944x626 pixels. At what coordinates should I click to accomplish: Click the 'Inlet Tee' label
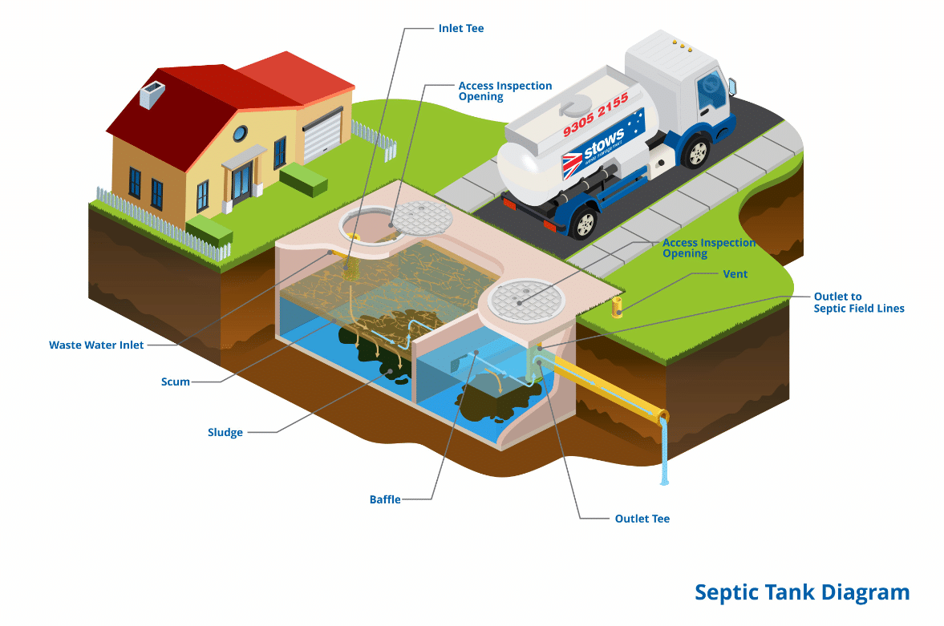coord(461,29)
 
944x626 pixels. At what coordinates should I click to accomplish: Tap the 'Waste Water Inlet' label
coord(96,345)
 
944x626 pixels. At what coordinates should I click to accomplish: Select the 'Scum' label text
coord(176,382)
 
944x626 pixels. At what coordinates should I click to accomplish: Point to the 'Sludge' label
coord(225,433)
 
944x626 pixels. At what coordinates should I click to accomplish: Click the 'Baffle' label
coord(385,500)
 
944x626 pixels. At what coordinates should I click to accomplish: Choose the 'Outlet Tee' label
coord(642,519)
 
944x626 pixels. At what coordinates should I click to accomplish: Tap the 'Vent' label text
coord(735,274)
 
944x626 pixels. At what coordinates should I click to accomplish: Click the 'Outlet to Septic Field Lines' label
coord(858,302)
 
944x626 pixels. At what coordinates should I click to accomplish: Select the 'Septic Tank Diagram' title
coord(801,592)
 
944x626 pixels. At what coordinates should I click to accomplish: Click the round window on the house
coord(241,134)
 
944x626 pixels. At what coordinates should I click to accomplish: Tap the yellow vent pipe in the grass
coord(618,305)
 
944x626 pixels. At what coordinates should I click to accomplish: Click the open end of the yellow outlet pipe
coord(662,418)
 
